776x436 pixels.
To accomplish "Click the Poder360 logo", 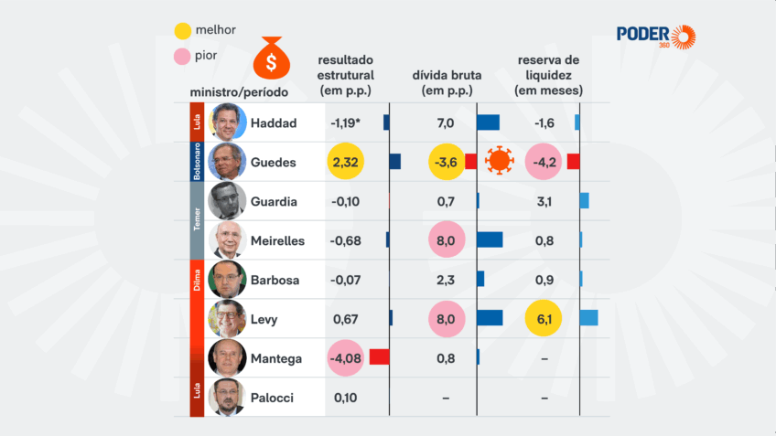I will point(655,36).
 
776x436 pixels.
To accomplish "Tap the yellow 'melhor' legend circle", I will point(182,31).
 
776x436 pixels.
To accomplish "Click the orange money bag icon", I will point(272,58).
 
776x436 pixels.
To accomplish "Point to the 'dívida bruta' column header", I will point(446,83).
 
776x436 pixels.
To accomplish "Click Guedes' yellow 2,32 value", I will point(345,162).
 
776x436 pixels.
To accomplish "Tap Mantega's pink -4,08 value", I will point(346,358).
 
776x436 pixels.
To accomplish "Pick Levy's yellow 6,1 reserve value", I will point(544,319).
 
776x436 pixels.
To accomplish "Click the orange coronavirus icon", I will point(500,162).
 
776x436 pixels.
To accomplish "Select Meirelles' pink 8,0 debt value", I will point(447,240).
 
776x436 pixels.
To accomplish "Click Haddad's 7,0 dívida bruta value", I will point(446,122).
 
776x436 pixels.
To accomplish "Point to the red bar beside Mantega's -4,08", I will point(379,357).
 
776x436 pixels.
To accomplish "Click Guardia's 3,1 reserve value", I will point(544,201).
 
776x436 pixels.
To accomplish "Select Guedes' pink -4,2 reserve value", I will point(544,162).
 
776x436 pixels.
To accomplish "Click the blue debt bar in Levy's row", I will point(490,318).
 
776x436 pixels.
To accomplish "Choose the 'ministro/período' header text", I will point(238,92).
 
